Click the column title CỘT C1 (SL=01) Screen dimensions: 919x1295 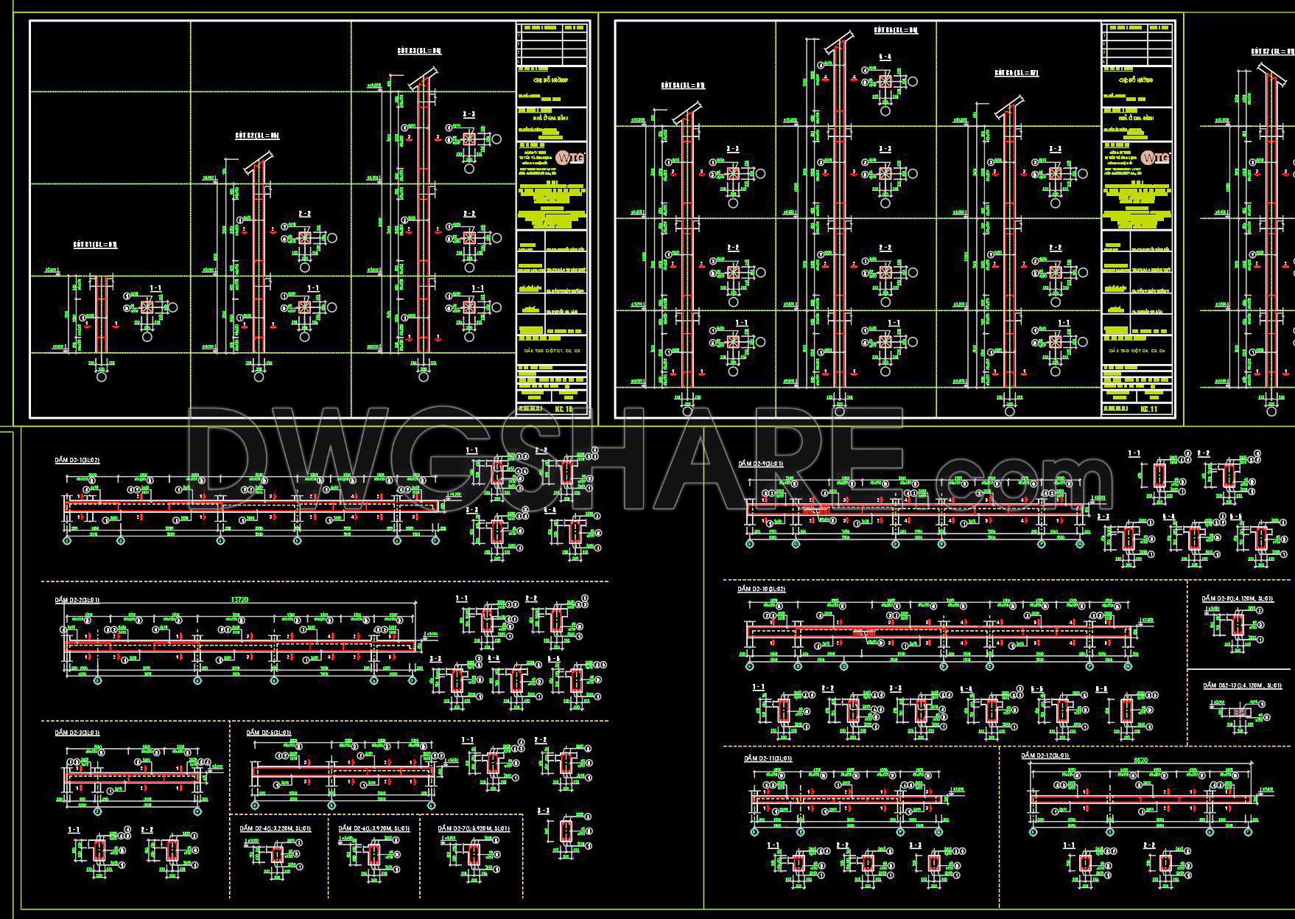[95, 244]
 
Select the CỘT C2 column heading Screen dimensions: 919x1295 [257, 136]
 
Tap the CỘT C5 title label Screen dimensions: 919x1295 [896, 30]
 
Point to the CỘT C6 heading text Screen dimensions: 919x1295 [1016, 73]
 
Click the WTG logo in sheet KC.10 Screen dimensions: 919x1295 [570, 157]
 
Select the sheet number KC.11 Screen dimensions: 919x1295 [1149, 409]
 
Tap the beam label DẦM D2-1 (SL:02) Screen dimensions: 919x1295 [77, 460]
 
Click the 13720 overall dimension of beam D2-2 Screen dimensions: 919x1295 [240, 599]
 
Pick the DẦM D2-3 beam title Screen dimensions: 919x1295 [77, 733]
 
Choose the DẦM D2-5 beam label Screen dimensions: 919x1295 [269, 733]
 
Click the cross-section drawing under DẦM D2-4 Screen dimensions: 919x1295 [277, 855]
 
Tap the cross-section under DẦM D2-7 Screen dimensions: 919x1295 [474, 855]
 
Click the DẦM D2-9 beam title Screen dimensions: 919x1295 [760, 464]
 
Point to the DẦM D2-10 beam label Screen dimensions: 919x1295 [762, 589]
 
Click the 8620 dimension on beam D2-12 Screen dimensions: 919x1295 [1140, 760]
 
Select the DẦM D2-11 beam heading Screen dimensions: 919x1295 [768, 758]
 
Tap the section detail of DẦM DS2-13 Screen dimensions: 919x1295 [1238, 713]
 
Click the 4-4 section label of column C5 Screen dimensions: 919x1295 [885, 57]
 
